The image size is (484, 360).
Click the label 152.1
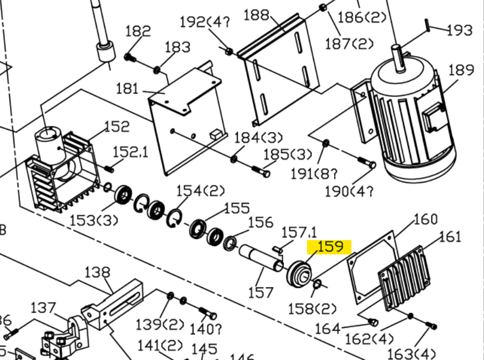[x=130, y=151]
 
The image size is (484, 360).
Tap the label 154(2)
[x=200, y=191]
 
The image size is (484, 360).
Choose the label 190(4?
[x=349, y=192]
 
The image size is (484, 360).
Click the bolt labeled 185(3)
[x=261, y=171]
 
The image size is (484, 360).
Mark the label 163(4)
[x=411, y=353]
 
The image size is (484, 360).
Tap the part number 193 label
[x=460, y=29]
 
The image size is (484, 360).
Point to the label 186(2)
[x=361, y=17]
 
